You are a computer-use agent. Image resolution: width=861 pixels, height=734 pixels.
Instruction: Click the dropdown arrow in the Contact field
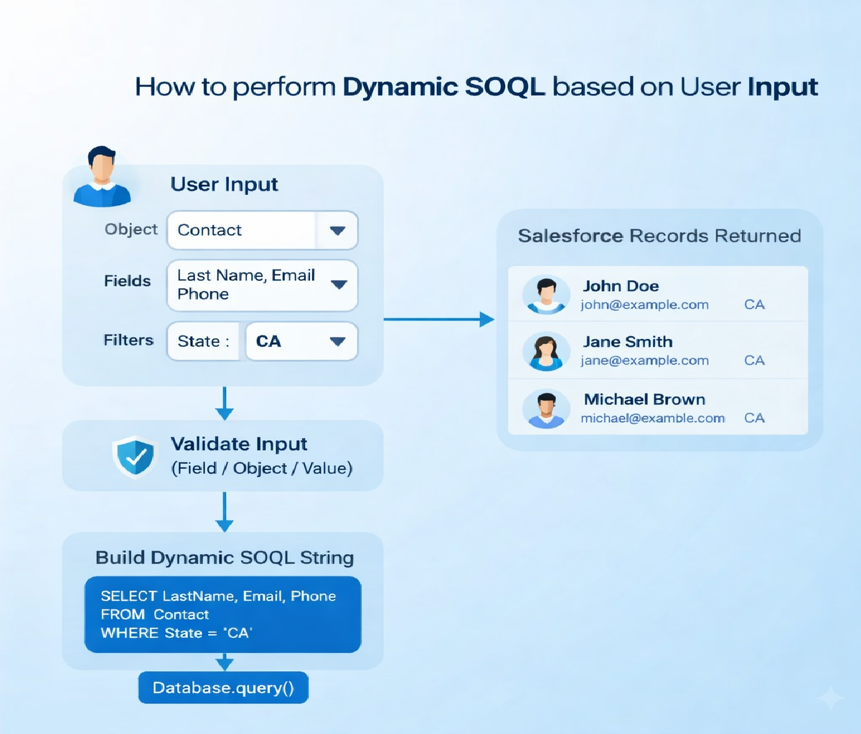(x=337, y=231)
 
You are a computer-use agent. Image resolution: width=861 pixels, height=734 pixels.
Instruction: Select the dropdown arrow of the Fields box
(x=339, y=285)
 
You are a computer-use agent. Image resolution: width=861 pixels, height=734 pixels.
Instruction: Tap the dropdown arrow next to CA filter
(x=337, y=341)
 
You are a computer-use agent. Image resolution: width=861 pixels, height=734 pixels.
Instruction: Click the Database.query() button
(x=223, y=688)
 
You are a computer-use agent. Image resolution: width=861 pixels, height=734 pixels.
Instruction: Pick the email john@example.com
(x=644, y=305)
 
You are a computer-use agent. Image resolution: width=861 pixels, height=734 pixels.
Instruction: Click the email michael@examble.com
(x=652, y=418)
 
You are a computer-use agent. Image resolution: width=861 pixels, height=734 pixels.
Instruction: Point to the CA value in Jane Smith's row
(x=754, y=361)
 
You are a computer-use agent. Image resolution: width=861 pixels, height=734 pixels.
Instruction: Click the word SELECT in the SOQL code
(x=128, y=596)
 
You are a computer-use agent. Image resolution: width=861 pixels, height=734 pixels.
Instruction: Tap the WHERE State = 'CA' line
(x=177, y=633)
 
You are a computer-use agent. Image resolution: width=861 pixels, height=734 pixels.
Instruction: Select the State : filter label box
(x=203, y=341)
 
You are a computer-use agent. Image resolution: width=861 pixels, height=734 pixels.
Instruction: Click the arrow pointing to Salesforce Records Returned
(x=439, y=319)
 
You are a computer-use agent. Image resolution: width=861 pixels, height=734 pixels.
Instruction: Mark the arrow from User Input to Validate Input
(x=225, y=403)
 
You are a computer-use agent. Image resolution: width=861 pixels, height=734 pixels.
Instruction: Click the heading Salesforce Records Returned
(x=659, y=236)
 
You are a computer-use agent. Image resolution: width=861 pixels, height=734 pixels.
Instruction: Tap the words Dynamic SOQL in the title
(x=443, y=87)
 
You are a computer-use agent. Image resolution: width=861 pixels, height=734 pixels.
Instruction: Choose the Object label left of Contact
(x=131, y=229)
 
